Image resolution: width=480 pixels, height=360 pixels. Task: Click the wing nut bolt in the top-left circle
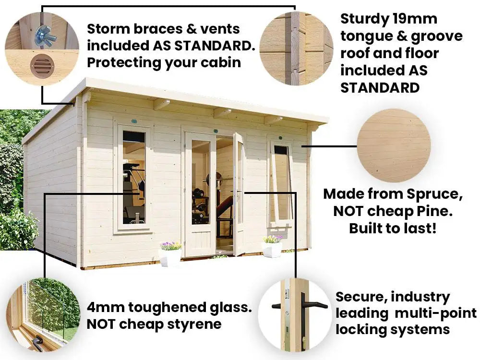(x=45, y=35)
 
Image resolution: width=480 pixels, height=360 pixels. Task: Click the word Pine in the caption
(x=434, y=211)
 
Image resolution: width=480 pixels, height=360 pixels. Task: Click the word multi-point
(x=436, y=313)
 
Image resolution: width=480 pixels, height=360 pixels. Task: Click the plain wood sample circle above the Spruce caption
(x=394, y=146)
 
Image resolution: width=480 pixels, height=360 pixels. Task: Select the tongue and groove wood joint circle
(x=296, y=48)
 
